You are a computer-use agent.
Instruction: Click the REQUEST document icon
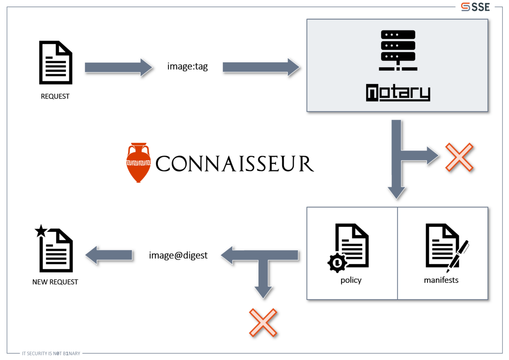coord(56,63)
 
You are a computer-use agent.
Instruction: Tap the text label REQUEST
coord(55,96)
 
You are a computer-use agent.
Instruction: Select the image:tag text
coord(187,67)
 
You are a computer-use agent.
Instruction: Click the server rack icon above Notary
coord(398,50)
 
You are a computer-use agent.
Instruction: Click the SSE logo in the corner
coord(475,7)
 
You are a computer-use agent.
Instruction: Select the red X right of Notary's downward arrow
coord(459,157)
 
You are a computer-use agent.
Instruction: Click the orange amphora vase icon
coord(138,163)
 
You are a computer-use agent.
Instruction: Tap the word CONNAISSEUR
coord(235,164)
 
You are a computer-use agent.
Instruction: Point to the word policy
coord(351,280)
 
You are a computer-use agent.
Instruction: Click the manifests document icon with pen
coord(445,247)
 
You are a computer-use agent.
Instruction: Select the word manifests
coord(441,280)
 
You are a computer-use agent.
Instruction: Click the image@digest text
coord(178,255)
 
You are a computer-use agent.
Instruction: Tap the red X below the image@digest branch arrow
coord(263,323)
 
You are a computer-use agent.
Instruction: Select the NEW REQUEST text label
coord(55,282)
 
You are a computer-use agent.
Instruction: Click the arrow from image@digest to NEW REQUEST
coord(109,255)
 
